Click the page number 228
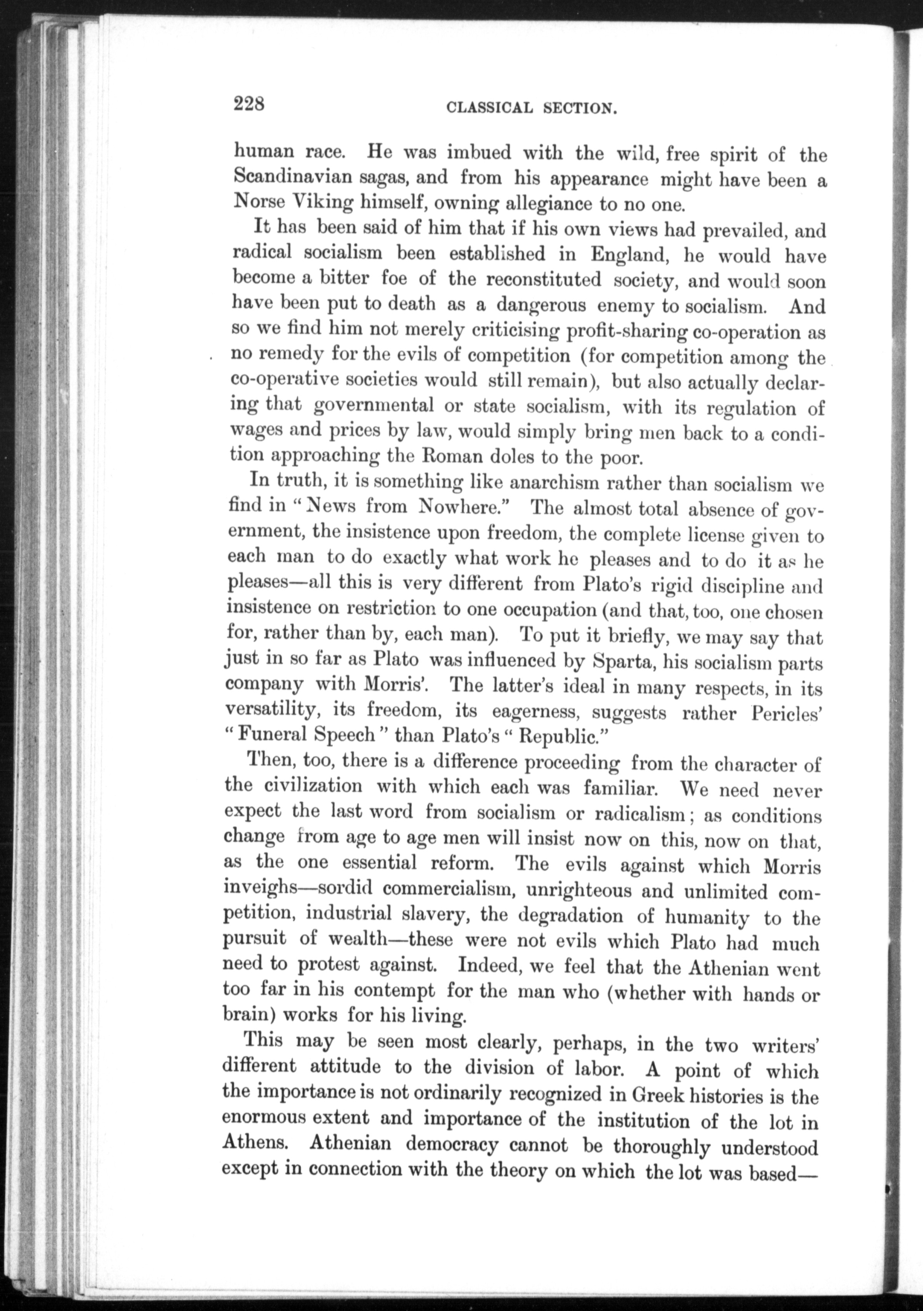[248, 105]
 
